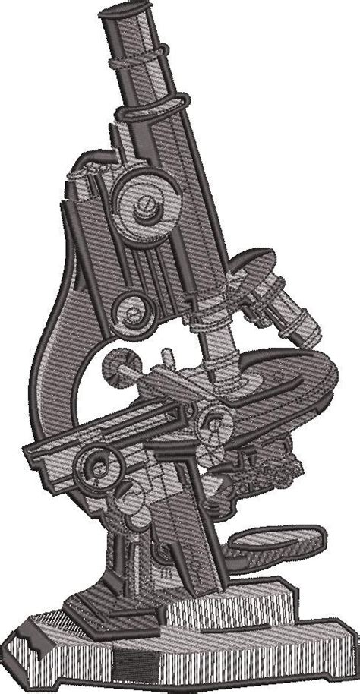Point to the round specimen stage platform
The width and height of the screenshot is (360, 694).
click(x=289, y=372)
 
